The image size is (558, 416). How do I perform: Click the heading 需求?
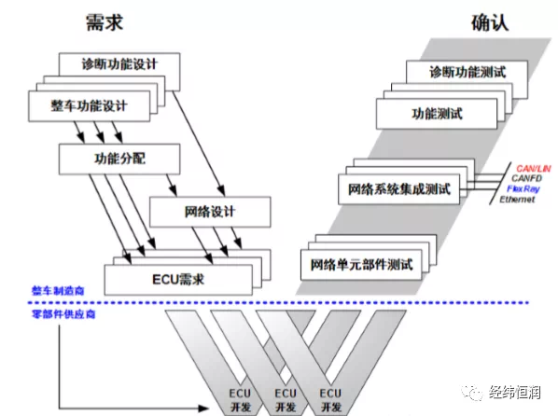click(105, 22)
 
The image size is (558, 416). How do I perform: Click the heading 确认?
click(490, 22)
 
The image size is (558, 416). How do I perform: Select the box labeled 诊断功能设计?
click(119, 64)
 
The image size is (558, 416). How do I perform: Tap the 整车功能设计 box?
click(89, 106)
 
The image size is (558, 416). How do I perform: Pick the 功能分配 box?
click(119, 159)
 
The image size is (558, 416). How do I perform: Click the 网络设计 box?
click(210, 212)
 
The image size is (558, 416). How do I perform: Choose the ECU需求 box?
click(178, 280)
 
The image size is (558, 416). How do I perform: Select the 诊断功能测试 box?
click(467, 72)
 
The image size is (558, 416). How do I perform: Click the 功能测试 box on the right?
click(437, 114)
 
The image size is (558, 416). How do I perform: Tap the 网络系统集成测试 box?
click(399, 189)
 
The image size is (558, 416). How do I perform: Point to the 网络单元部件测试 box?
click(361, 265)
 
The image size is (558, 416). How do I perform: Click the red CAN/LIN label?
click(533, 168)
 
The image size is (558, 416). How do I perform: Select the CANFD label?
click(526, 178)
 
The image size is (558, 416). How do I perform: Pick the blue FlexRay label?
click(523, 188)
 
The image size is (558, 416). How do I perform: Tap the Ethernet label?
click(517, 200)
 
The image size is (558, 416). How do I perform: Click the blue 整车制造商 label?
click(58, 291)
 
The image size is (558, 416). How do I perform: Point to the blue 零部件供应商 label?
click(63, 314)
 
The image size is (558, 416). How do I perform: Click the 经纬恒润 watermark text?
click(514, 393)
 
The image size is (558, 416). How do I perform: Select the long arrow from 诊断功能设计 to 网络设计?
click(199, 144)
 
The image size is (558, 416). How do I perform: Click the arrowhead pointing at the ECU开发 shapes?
click(203, 408)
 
